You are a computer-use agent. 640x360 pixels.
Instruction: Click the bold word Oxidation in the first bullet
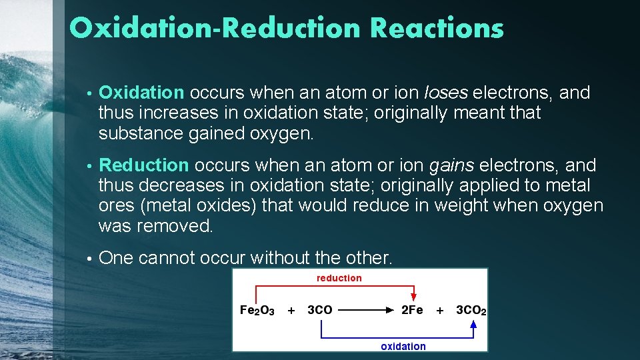[x=141, y=93]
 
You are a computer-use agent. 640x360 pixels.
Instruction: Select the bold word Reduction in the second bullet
[x=144, y=165]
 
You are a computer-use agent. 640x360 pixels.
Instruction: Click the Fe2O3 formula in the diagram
[x=257, y=310]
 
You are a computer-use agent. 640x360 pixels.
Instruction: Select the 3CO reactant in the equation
[x=320, y=310]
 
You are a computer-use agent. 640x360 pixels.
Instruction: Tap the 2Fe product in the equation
[x=412, y=310]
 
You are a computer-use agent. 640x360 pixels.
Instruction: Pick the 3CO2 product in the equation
[x=471, y=310]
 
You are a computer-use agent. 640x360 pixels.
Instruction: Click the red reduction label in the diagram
[x=339, y=278]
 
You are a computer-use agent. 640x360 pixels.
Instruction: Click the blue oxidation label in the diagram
[x=403, y=346]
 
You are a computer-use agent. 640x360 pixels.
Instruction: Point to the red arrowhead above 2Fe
[x=414, y=296]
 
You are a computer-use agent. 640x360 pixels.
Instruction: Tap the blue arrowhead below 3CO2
[x=473, y=325]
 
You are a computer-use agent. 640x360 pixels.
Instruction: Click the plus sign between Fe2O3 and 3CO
[x=291, y=310]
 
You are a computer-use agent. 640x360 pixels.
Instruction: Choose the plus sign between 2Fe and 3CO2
[x=439, y=310]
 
